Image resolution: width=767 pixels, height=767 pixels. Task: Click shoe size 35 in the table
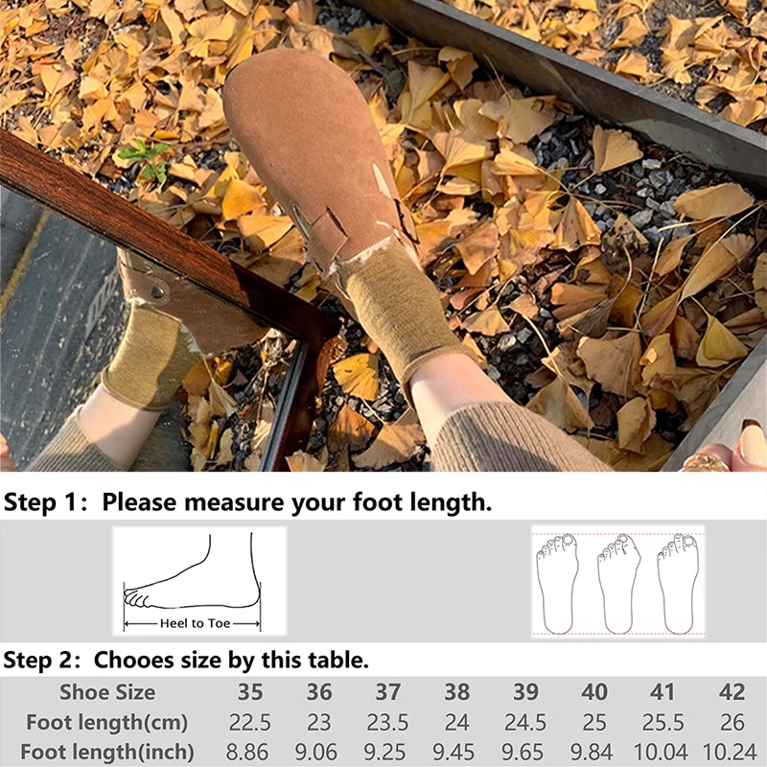coord(250,692)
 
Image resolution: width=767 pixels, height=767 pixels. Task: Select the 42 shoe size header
coord(732,692)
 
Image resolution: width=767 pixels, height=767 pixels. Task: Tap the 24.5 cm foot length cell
coord(525,723)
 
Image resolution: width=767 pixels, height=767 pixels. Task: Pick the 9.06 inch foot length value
coord(316,753)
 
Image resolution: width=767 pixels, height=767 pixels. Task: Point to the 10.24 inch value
coord(730,753)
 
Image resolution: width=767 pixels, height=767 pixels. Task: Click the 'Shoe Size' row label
coord(107,692)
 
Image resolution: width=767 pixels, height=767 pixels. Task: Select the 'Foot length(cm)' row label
coord(107,723)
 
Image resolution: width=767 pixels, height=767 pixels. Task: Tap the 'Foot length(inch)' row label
coord(107,753)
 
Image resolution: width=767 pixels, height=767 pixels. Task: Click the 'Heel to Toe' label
coord(195,623)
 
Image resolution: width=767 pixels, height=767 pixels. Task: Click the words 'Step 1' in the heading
coord(40,502)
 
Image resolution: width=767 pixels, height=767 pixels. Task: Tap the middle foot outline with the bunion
coord(618,584)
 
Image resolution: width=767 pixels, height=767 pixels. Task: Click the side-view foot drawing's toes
coord(136,598)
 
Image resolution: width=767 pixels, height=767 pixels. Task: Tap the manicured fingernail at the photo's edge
coord(752,445)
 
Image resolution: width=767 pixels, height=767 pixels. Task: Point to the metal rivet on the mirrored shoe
coord(157,292)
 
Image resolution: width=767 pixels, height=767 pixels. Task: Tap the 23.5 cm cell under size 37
coord(387,723)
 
